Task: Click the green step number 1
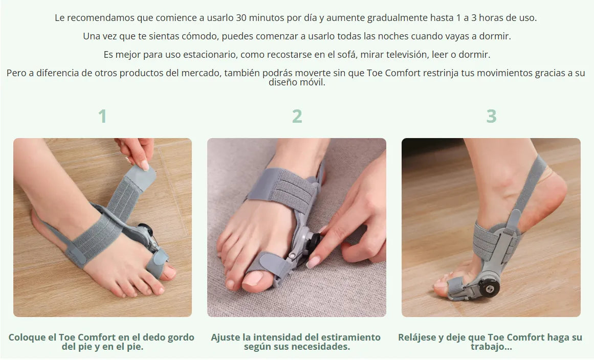pos(102,116)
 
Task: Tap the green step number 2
pos(297,116)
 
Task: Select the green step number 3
pos(491,116)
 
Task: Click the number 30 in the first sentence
pos(241,18)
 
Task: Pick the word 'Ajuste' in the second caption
pos(226,337)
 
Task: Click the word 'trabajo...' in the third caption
pos(491,347)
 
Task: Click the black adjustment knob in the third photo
pos(489,288)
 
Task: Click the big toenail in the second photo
pos(252,279)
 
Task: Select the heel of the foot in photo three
pos(553,197)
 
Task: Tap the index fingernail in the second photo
pos(313,262)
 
